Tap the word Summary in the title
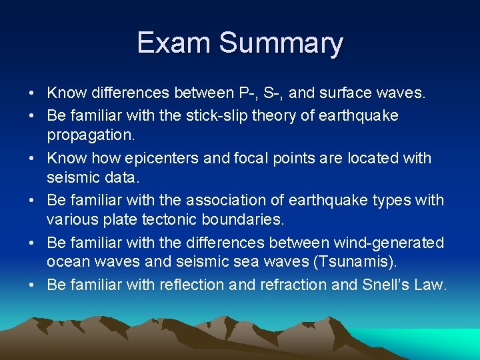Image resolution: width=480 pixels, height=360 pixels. click(x=281, y=44)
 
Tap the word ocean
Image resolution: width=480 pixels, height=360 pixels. click(x=67, y=263)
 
